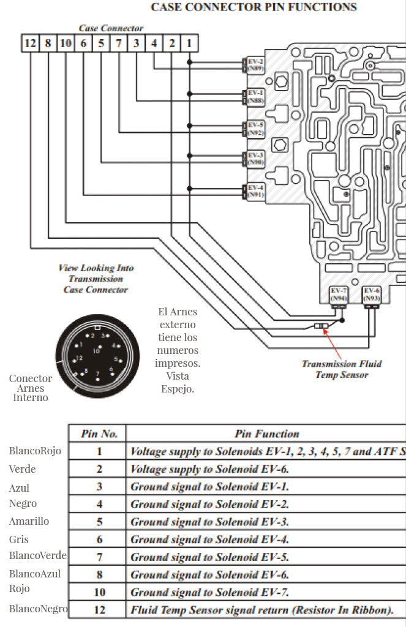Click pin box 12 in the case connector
(x=30, y=43)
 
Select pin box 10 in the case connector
(x=66, y=43)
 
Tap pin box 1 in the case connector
(x=190, y=43)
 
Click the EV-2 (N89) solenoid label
(x=255, y=64)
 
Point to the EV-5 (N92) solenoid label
(x=255, y=129)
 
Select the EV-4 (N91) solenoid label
(x=255, y=191)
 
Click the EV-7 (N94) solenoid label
(x=339, y=293)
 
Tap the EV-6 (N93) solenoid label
(x=371, y=293)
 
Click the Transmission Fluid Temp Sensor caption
(x=341, y=369)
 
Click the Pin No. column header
(x=99, y=434)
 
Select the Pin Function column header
(x=266, y=434)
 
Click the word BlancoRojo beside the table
(x=34, y=451)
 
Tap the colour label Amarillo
(x=29, y=521)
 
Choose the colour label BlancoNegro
(x=38, y=609)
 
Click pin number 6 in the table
(x=99, y=539)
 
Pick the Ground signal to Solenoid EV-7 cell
(x=209, y=592)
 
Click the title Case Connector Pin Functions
(x=254, y=7)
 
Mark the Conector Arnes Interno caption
(x=31, y=388)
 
